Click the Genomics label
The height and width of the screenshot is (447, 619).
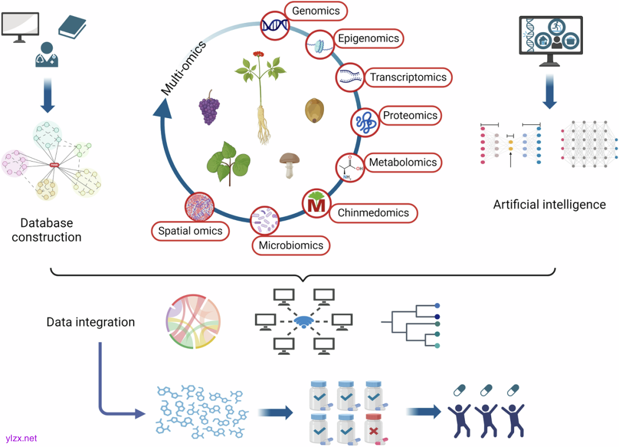(x=316, y=11)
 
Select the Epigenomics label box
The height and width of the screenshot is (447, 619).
(x=368, y=38)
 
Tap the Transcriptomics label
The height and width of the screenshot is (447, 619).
(x=408, y=77)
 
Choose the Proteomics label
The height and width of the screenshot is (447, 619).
(x=410, y=116)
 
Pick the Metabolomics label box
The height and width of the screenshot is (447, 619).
(x=402, y=163)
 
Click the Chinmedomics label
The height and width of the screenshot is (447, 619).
(x=373, y=213)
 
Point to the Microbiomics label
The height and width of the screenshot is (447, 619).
(x=291, y=246)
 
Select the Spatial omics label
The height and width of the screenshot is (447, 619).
(x=190, y=232)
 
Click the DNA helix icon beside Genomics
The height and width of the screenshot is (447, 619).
(x=275, y=24)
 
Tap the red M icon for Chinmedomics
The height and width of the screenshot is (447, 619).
(x=316, y=203)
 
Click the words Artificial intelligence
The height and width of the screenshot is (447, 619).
(x=549, y=205)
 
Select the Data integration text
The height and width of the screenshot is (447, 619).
(x=91, y=322)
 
